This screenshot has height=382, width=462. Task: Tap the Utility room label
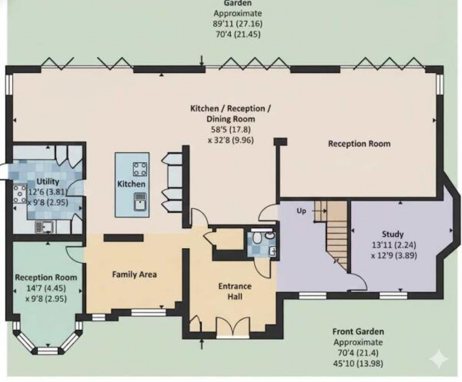click(48, 182)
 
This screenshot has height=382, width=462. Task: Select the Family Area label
click(134, 274)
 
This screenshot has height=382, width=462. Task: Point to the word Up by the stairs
click(301, 211)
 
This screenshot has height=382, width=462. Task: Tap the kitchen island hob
click(140, 168)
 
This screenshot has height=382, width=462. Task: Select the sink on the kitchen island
click(140, 202)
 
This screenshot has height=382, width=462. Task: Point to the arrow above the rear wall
click(202, 60)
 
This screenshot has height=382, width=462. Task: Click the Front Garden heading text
click(358, 332)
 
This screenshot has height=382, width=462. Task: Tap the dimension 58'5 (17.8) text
click(230, 129)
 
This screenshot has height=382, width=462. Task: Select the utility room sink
click(45, 228)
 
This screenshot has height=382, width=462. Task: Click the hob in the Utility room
click(20, 193)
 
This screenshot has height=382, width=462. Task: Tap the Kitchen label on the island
click(132, 184)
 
